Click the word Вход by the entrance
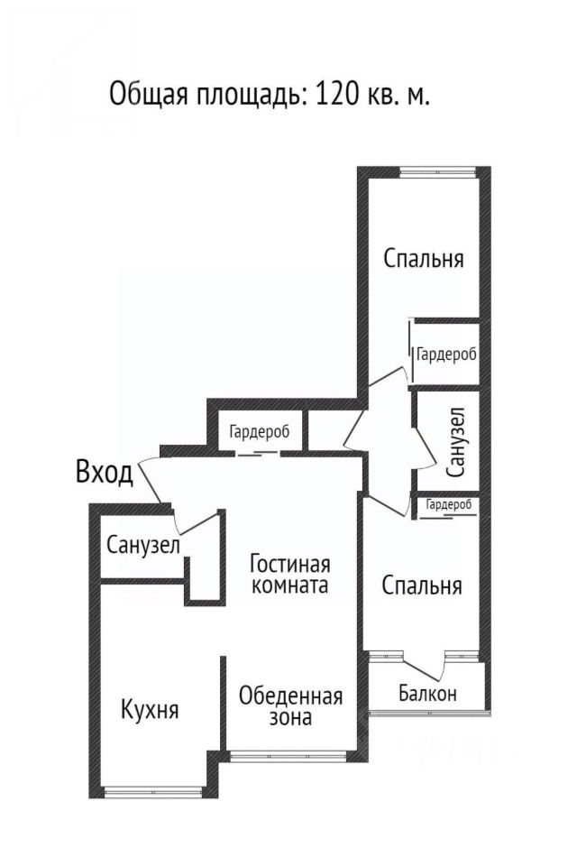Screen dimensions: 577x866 click(x=105, y=472)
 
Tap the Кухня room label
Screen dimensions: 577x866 click(x=150, y=709)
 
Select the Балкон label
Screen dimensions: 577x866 click(x=427, y=694)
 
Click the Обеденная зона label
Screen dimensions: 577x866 click(x=290, y=706)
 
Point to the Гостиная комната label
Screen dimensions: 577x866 click(x=290, y=575)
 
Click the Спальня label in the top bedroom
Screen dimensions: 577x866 click(x=424, y=259)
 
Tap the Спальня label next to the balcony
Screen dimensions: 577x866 click(x=422, y=585)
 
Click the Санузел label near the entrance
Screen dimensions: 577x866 click(x=143, y=545)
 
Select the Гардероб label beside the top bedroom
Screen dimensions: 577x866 click(x=446, y=355)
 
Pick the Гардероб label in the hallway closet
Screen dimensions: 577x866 click(x=259, y=432)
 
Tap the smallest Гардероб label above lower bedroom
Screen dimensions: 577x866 click(x=449, y=505)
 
